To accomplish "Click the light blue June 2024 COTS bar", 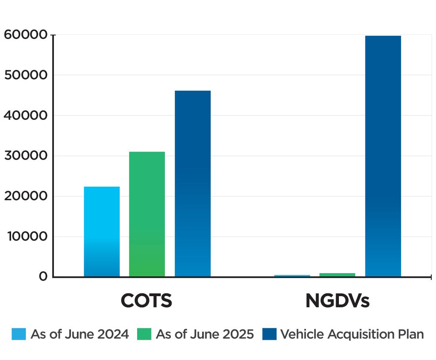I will pos(102,232).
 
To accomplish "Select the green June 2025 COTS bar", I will pos(147,214).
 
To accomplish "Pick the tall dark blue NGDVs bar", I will pos(383,156).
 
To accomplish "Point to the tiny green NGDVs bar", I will pos(337,275).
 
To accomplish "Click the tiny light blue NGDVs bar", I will pos(292,276).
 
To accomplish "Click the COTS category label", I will pos(146,301).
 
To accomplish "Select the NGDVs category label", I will pos(337,301).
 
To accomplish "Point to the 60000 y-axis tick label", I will pos(26,35).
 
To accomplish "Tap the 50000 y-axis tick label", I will pos(26,75).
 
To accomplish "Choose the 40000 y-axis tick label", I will pos(26,116).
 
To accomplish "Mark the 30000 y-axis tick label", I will pos(26,156).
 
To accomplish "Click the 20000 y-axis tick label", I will pos(26,196).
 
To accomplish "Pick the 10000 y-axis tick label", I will pos(26,237).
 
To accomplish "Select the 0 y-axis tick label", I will pos(43,277).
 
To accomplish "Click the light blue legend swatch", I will pos(19,334).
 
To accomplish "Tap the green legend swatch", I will pos(144,334).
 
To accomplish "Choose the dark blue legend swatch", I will pos(269,334).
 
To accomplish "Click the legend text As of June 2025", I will pos(205,334).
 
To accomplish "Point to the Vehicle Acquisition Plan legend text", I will pos(352,334).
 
